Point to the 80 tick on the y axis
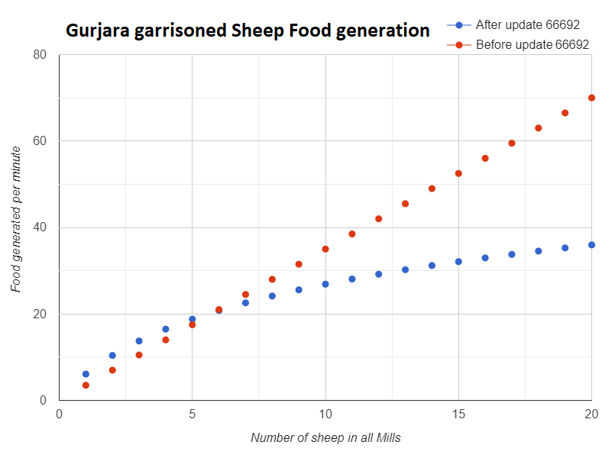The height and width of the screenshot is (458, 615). pos(40,55)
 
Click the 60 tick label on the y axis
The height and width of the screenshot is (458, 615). pos(40,141)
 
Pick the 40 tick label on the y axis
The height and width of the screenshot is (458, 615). pos(40,227)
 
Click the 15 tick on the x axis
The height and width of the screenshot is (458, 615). pos(458,414)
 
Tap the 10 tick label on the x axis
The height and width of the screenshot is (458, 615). pos(325,414)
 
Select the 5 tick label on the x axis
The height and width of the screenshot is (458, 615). pos(192,414)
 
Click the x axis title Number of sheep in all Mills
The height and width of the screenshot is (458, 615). pos(325,438)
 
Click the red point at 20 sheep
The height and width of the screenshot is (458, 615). pos(591,98)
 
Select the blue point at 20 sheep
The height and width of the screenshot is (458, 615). pos(591,245)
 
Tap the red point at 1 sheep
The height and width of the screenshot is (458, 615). pos(86,385)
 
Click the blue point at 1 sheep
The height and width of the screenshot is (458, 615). pos(86,374)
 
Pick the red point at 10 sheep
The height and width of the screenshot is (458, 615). pos(325,249)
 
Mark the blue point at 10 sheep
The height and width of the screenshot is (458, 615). pos(325,284)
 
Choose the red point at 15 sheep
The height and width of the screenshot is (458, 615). pos(458,173)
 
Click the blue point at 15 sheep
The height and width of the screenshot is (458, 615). pos(458,262)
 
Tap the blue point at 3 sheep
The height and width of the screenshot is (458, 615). pos(139,341)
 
